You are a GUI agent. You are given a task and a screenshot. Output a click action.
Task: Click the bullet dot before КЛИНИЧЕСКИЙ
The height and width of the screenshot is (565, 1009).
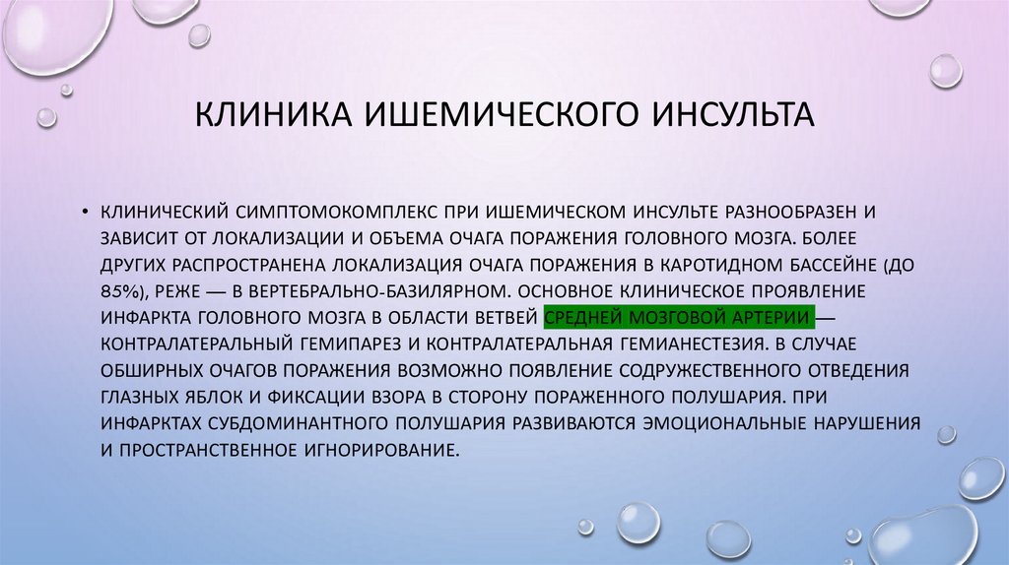[x=87, y=212]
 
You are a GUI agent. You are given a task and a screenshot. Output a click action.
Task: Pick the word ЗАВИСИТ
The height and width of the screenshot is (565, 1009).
[x=136, y=238]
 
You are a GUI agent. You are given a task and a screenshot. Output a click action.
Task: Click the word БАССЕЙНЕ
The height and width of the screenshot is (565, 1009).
[x=832, y=265]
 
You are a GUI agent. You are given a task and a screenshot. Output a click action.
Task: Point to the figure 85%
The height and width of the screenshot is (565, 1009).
[x=118, y=291]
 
